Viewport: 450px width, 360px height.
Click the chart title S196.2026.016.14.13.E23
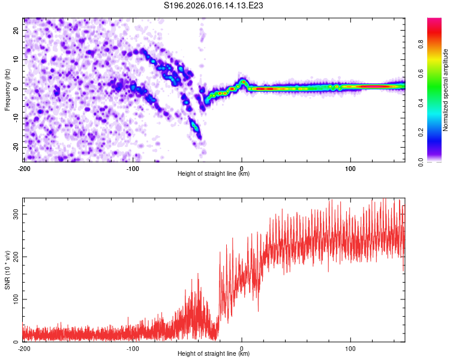click(214, 5)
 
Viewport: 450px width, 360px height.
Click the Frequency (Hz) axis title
click(7, 89)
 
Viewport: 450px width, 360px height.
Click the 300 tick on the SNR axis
click(16, 214)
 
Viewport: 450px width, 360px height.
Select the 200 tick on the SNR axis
click(16, 257)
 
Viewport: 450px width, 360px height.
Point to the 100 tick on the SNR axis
click(16, 299)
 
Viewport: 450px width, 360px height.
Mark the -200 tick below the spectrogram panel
click(24, 168)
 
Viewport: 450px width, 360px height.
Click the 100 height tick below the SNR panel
click(350, 348)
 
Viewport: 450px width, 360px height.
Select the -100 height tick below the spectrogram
click(133, 168)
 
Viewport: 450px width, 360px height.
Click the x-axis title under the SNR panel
click(214, 355)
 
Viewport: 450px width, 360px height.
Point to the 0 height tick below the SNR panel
click(242, 348)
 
